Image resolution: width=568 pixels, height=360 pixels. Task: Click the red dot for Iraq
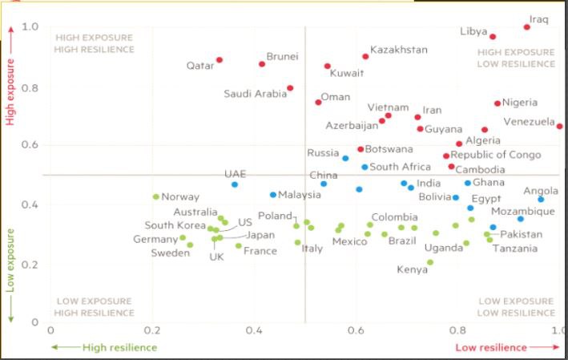527,27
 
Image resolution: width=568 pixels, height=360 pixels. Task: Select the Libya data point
493,37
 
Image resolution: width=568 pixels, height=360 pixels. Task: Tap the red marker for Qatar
220,60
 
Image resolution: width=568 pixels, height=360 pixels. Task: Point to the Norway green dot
156,196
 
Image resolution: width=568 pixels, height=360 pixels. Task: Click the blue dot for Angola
541,199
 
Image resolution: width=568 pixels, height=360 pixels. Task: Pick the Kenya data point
430,262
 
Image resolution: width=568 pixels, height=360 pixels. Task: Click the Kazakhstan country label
399,50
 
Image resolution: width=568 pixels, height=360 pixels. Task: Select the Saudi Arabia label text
255,94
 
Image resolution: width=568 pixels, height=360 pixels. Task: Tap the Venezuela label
529,122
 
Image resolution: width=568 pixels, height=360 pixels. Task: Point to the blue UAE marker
235,184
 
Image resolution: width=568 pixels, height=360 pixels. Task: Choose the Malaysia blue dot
273,195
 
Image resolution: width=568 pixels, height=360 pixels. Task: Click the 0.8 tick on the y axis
31,87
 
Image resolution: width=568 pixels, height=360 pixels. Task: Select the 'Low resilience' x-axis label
491,347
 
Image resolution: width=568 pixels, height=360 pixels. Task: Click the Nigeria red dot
498,103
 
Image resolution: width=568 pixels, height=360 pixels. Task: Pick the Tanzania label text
515,249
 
